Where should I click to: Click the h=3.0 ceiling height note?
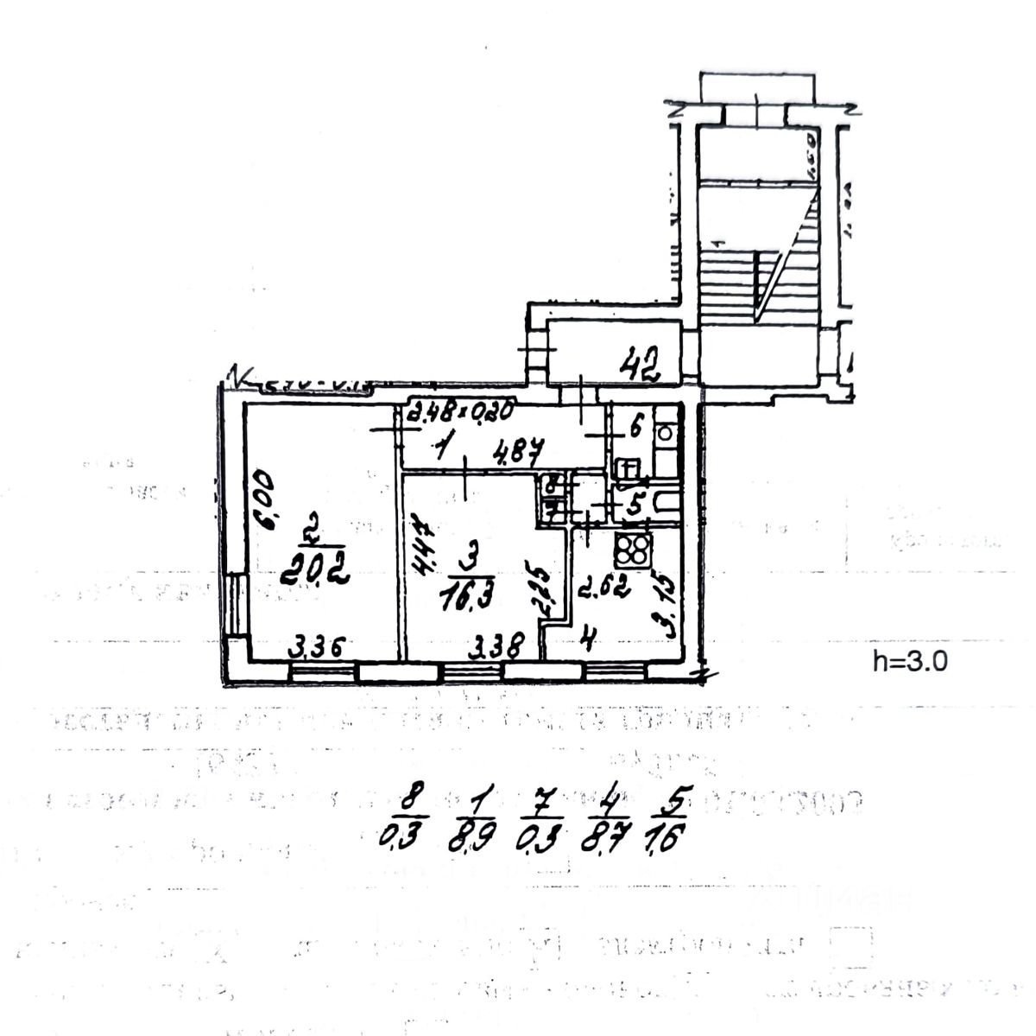point(910,662)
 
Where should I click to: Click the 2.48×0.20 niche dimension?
point(461,411)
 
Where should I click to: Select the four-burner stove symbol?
point(634,550)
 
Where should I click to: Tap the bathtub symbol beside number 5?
point(665,504)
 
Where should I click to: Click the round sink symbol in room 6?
point(665,430)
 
